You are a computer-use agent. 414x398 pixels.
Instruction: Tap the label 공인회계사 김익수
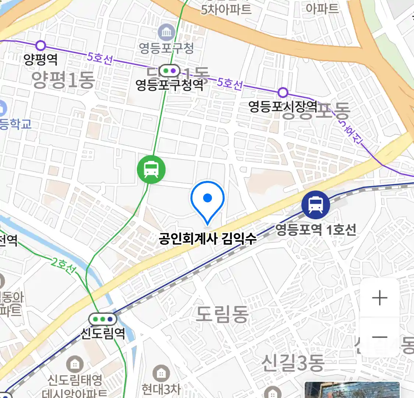[x=208, y=239]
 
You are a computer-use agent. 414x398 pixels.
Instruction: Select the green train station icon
[x=151, y=170]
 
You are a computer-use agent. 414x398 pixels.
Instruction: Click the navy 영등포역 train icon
[x=315, y=205]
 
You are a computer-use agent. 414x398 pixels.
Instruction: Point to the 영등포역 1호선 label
[x=316, y=230]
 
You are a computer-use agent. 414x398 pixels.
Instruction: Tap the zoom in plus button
[x=379, y=298]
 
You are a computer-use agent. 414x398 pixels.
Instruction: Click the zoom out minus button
[x=379, y=337]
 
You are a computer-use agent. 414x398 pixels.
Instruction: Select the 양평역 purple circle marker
[x=40, y=46]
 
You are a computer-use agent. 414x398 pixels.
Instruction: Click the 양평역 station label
[x=40, y=59]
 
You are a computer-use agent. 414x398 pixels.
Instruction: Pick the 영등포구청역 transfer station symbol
[x=169, y=70]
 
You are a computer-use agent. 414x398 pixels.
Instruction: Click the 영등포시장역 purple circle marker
[x=283, y=92]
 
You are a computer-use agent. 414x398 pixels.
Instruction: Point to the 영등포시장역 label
[x=283, y=107]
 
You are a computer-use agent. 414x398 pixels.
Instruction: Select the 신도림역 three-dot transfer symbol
[x=103, y=319]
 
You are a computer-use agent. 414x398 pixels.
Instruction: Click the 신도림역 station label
[x=103, y=333]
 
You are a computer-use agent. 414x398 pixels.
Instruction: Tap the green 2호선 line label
[x=63, y=266]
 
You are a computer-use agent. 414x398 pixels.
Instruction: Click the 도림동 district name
[x=222, y=314]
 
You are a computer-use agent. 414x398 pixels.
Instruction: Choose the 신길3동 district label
[x=293, y=363]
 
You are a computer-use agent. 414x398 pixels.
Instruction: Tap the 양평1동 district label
[x=63, y=80]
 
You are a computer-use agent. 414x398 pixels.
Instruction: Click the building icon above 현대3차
[x=161, y=373]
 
